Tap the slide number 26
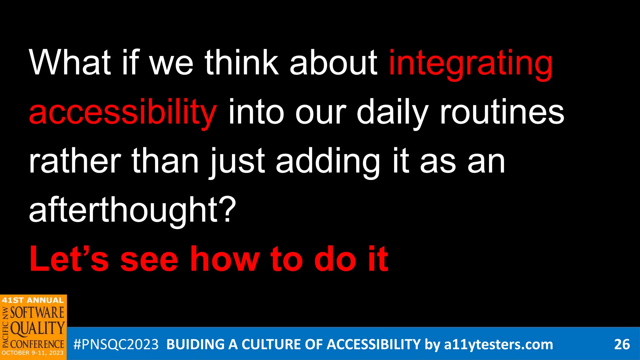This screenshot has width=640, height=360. click(x=622, y=344)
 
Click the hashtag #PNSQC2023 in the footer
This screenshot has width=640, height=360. click(x=116, y=344)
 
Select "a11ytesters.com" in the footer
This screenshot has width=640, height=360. click(x=498, y=344)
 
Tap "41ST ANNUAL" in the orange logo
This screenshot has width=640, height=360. click(x=33, y=300)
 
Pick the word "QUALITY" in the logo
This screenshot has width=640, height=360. click(x=37, y=328)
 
